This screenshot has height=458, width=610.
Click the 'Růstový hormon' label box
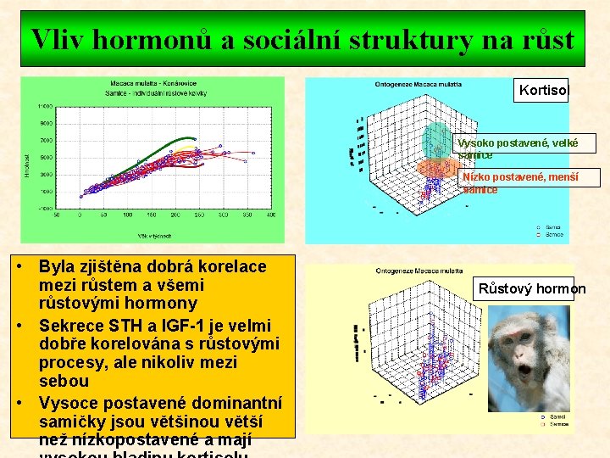point(531,288)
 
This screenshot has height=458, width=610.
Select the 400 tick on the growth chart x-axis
point(269,215)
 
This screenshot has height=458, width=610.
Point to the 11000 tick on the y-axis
point(44,107)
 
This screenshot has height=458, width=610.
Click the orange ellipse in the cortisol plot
point(435,170)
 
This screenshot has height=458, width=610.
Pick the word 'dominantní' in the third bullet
point(240,402)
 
